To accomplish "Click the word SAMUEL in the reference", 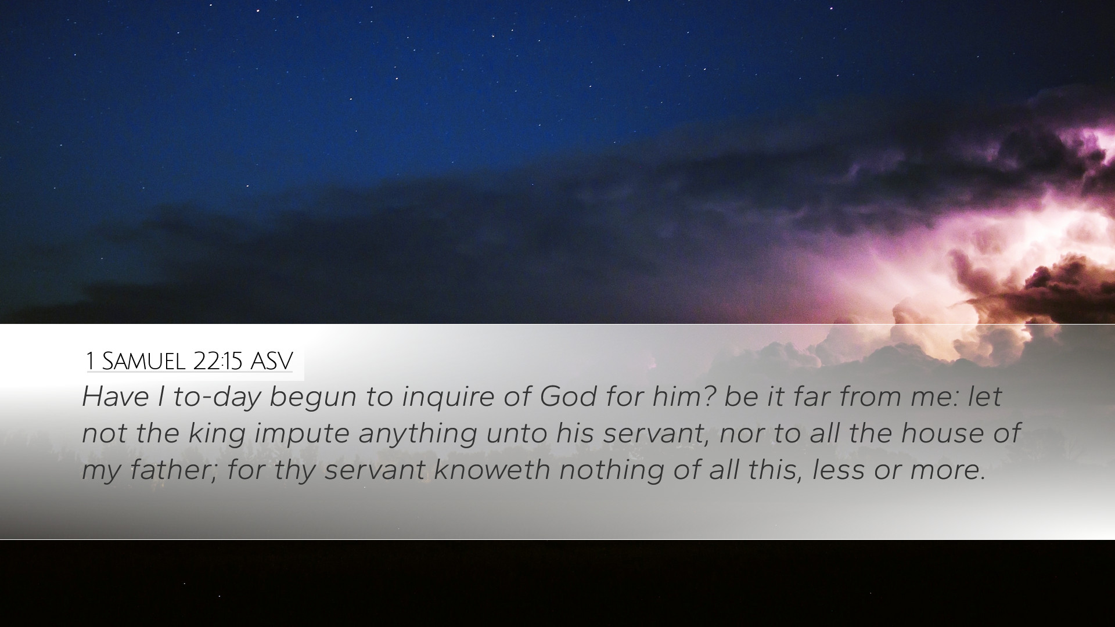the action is [x=143, y=361].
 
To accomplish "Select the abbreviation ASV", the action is [x=271, y=361].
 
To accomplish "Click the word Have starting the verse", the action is [x=115, y=397].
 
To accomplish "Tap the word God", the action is [x=568, y=397].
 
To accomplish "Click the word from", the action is [x=869, y=397].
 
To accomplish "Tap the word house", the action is [x=939, y=434].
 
